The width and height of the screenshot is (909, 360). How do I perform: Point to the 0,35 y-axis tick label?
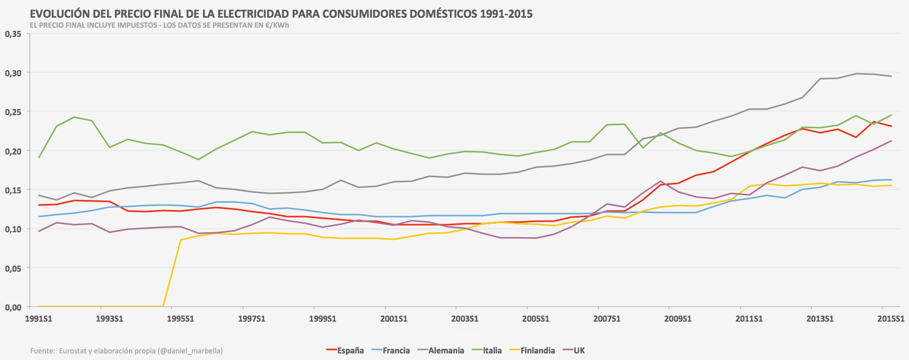13,34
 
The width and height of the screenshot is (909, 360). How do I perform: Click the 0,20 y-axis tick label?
13,151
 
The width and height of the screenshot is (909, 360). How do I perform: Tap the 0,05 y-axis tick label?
13,268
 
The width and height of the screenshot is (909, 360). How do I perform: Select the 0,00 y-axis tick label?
13,307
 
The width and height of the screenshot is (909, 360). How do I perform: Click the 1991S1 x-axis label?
38,319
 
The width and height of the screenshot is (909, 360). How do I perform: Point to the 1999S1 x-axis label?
322,319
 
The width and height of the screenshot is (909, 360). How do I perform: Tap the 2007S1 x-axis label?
607,319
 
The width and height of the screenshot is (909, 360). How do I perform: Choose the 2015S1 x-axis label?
890,319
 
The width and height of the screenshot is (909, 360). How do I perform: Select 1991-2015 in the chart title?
506,14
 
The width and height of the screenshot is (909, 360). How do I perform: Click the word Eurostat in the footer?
72,351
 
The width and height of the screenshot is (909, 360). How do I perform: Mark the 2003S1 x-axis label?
465,319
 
